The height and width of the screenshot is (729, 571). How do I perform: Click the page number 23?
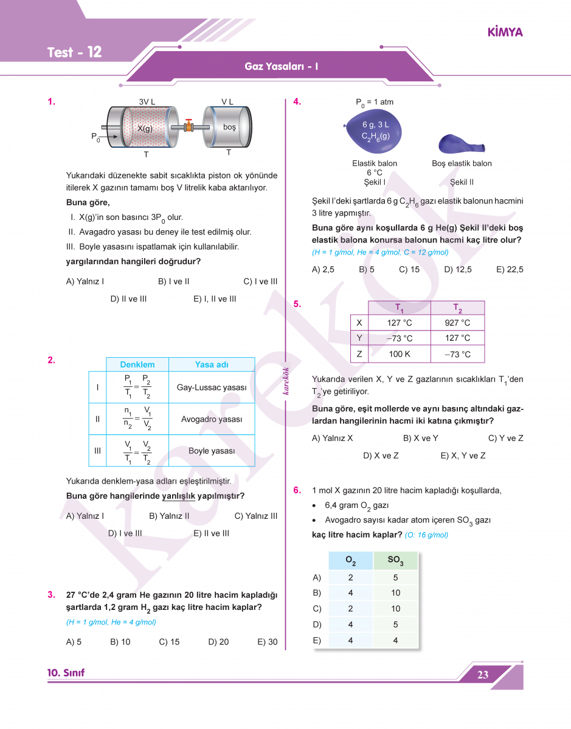(x=483, y=675)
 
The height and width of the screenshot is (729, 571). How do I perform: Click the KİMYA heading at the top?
(x=505, y=32)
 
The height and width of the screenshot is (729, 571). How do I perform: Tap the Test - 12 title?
(x=74, y=52)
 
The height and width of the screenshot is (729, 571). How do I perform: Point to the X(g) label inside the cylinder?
(x=145, y=129)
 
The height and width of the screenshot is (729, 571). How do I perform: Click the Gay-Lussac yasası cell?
(x=212, y=388)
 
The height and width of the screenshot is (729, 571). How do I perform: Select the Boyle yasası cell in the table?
(x=212, y=451)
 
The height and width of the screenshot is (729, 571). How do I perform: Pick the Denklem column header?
(x=137, y=364)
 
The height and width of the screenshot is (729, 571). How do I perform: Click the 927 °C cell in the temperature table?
(x=457, y=323)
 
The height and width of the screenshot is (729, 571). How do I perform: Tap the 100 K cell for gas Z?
(x=400, y=354)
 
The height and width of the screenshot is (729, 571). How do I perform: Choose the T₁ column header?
(x=400, y=308)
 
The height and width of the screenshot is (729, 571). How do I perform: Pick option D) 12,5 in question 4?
(x=457, y=270)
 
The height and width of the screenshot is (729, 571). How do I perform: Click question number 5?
(x=297, y=304)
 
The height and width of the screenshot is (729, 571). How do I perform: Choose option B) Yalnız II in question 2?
(x=169, y=516)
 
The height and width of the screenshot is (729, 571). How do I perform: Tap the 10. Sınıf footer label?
(x=66, y=673)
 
